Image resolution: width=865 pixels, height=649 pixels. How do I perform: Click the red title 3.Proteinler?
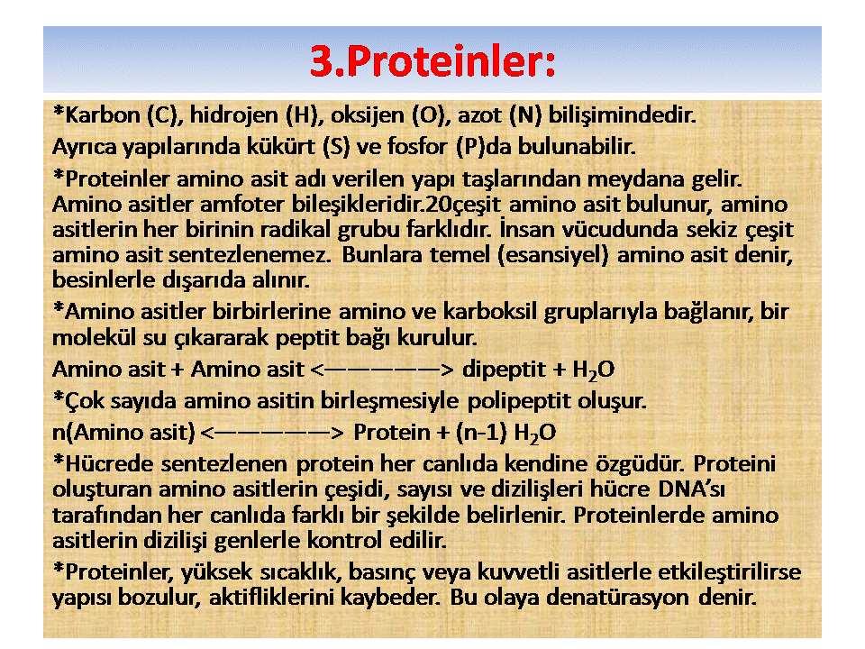tap(432, 60)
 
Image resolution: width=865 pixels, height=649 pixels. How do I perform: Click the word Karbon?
tap(103, 115)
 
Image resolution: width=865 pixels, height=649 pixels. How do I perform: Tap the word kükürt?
tap(281, 147)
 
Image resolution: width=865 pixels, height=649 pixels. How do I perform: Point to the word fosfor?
tap(417, 147)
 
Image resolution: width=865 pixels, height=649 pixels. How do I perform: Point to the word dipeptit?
tap(504, 370)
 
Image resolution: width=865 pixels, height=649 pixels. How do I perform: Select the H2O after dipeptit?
tap(593, 370)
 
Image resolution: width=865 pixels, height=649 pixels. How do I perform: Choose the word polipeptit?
tap(519, 402)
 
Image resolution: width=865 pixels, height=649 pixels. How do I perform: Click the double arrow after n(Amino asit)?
tap(272, 433)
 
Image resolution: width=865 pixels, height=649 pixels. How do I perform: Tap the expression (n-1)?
tap(481, 433)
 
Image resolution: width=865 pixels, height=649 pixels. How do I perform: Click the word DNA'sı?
tap(691, 489)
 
